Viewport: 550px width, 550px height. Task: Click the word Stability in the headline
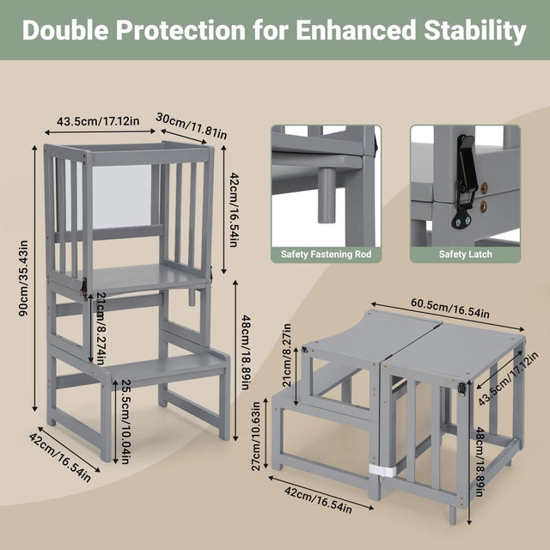tap(475, 31)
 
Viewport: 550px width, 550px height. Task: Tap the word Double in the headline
tap(65, 30)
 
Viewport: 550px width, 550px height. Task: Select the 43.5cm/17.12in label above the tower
tap(98, 121)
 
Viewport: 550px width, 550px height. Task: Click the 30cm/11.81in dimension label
tap(191, 125)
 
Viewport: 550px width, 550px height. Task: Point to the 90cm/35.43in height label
tap(23, 278)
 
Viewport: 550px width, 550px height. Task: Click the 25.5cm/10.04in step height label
tap(126, 422)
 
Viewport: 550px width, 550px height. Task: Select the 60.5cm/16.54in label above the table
tap(450, 309)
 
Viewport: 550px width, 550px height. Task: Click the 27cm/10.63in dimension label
tap(256, 436)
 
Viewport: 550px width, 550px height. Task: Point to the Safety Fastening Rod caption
tap(326, 254)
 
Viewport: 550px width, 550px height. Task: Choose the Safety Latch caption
tap(466, 254)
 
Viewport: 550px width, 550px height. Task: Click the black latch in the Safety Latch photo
tap(466, 181)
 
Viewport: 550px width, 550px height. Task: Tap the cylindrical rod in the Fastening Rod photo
tap(327, 195)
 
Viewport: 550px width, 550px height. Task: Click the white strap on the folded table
tap(382, 469)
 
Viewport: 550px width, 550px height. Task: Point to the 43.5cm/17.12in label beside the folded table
tap(509, 379)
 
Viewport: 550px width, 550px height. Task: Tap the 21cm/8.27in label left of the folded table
tap(287, 355)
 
